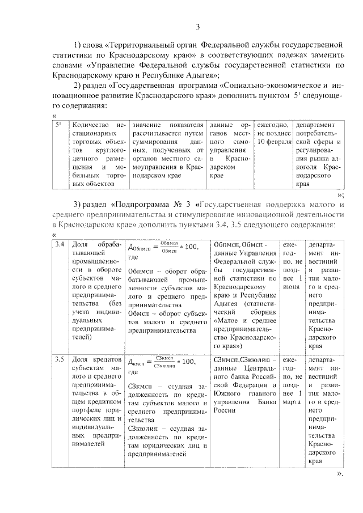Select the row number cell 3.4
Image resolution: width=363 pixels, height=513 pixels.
[x=59, y=244]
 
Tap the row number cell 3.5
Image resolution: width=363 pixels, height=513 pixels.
[x=59, y=360]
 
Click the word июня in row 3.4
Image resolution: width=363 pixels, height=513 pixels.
[x=291, y=287]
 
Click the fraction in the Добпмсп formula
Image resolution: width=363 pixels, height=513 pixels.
[x=165, y=246]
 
